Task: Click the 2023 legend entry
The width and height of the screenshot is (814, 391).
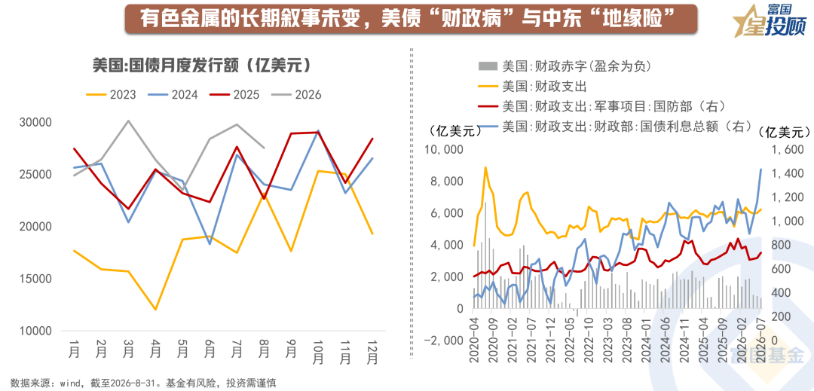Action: (x=111, y=94)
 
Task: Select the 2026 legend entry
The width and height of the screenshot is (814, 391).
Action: (x=296, y=94)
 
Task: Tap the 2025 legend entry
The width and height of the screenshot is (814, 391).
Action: (x=234, y=94)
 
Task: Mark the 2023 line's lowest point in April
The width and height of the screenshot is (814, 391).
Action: (x=155, y=310)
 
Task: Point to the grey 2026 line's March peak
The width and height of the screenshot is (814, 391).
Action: (x=128, y=121)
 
